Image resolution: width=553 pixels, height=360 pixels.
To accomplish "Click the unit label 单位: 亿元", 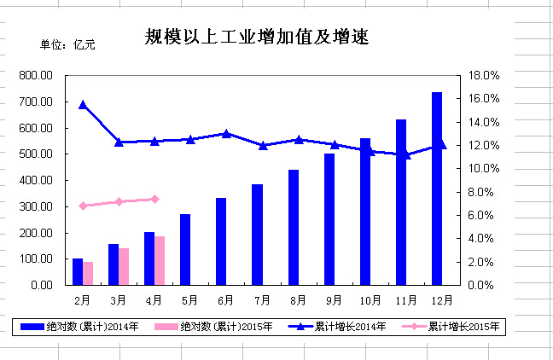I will coord(68,44).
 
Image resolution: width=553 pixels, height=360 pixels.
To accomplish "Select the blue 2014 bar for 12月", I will coord(437,188).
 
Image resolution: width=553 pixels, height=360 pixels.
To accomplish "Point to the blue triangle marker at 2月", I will coord(83,105).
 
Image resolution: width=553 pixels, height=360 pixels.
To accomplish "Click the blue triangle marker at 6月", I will coord(226,133).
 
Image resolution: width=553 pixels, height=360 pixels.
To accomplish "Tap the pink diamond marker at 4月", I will coord(154,199).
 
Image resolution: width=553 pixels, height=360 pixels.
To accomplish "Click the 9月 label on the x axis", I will coord(334,299).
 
